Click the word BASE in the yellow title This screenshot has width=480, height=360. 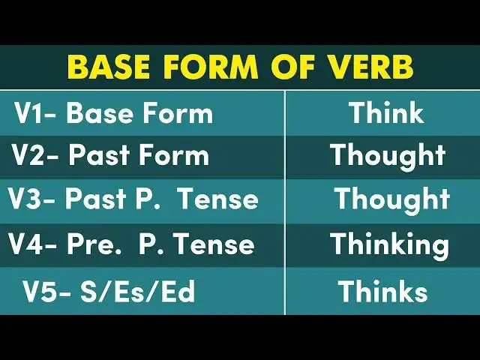pos(109,67)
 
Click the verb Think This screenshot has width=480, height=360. pos(386,113)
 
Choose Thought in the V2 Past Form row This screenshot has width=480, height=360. pos(388,156)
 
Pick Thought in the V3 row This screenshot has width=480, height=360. pos(391,199)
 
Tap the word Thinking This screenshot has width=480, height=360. pos(389,244)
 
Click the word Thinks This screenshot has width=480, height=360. pos(382,292)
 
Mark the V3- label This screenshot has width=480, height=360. pos(32,199)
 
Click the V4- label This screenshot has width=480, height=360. pos(33,244)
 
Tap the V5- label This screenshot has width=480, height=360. pos(46,292)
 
